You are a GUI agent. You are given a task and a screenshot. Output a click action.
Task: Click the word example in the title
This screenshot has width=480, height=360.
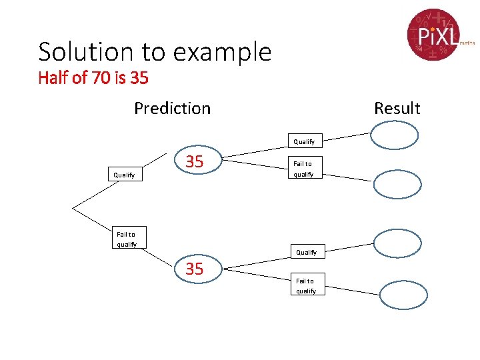229,53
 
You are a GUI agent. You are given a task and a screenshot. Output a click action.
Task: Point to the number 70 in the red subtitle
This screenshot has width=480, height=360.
101,78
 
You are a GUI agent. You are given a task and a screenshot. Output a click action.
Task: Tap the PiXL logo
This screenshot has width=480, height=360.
434,34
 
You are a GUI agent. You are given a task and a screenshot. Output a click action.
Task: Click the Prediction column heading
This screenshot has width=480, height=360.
172,108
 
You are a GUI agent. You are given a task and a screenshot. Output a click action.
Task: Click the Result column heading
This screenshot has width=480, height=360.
397,108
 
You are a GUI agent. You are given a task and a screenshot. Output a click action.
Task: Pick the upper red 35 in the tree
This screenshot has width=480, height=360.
195,161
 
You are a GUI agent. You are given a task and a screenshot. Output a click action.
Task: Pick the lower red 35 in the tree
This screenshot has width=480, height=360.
195,269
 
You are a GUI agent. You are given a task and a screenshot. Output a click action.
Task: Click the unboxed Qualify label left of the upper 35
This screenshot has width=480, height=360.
124,175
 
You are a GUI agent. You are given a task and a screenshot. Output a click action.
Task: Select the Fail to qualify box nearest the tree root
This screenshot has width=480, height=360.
126,239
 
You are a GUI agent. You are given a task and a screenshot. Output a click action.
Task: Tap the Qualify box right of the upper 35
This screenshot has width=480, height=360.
304,141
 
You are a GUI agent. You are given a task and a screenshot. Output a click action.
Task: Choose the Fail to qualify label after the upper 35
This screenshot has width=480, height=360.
303,169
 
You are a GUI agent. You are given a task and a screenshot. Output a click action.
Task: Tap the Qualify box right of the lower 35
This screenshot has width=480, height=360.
306,252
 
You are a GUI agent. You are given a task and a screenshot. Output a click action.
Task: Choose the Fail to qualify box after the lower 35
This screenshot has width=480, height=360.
306,285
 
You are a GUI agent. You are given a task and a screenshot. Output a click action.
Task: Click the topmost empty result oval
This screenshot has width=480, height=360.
395,135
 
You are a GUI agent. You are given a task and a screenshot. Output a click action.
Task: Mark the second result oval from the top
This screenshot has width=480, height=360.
397,185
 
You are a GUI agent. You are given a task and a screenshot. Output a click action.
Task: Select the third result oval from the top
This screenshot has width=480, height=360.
397,244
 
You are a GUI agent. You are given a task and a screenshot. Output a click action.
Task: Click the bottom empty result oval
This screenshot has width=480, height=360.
403,294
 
